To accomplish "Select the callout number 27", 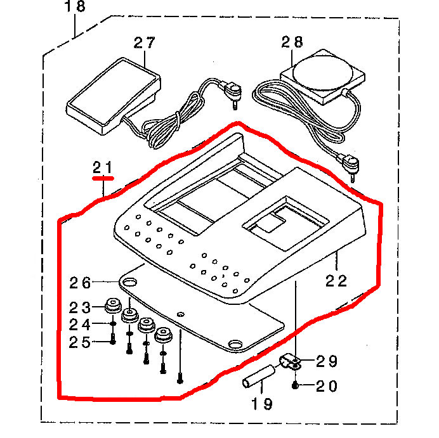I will click(x=144, y=43).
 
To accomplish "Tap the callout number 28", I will click(x=292, y=42).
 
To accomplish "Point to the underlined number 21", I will click(x=102, y=168).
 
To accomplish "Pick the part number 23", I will click(x=81, y=307).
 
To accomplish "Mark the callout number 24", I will click(x=81, y=325).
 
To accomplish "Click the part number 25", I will click(x=81, y=342).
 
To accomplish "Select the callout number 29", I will click(x=327, y=362).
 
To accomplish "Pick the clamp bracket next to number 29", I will click(x=291, y=362).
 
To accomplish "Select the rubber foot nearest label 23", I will click(x=113, y=305).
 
